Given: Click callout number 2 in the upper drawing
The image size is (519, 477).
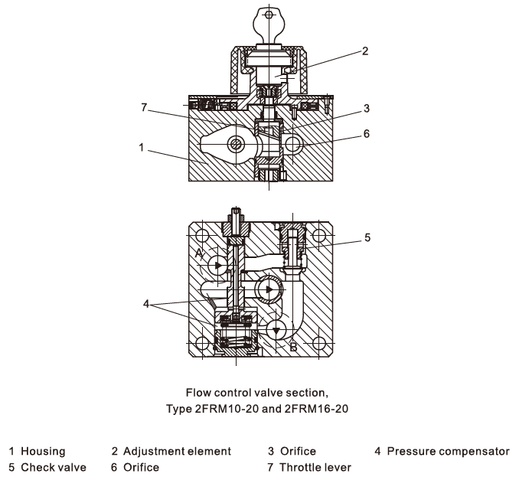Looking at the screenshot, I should point(365,51).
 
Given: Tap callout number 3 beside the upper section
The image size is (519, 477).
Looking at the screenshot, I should point(367,108).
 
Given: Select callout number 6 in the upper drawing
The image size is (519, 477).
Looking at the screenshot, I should point(367,133).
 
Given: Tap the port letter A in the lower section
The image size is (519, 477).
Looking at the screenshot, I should point(198,252).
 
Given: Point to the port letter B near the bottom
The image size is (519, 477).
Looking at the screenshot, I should point(292,346).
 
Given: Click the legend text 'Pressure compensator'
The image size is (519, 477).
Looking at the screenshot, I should point(447,451).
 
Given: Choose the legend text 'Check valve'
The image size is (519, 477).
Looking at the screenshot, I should point(54,466).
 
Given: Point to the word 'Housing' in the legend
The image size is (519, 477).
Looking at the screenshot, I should point(43,451).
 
